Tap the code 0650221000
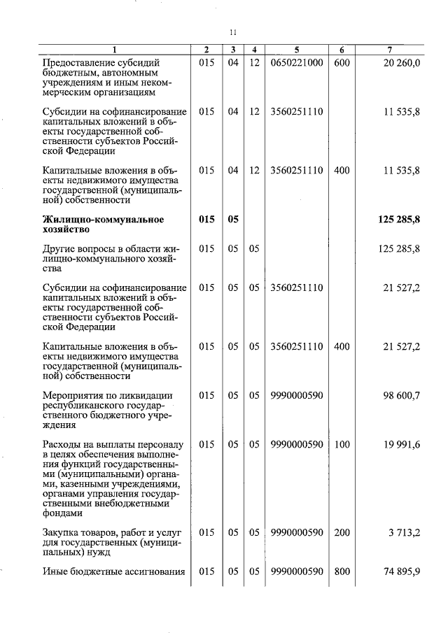296,62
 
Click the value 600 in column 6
342,62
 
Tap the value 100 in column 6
342,444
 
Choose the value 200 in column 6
342,532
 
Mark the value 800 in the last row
342,571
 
